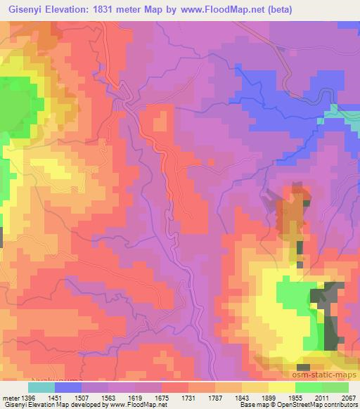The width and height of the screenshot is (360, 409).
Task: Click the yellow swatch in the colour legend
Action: click(283, 387)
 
